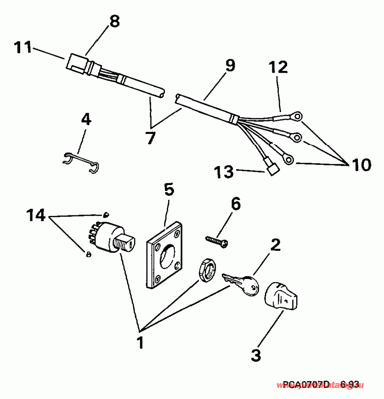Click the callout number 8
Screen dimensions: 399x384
(x=114, y=21)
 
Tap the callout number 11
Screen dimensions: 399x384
(x=22, y=47)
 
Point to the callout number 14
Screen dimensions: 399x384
(x=35, y=215)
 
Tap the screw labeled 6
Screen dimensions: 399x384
(x=217, y=241)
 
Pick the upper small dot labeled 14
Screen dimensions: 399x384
(x=106, y=214)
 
